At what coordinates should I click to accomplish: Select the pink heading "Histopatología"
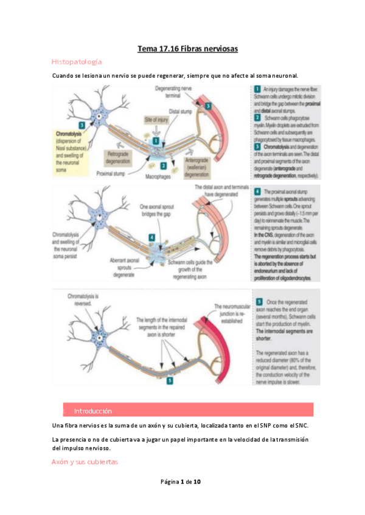click(x=77, y=62)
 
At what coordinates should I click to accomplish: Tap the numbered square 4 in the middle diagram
click(x=151, y=237)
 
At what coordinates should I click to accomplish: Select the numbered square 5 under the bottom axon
click(x=169, y=380)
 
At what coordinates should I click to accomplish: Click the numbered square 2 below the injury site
click(x=163, y=165)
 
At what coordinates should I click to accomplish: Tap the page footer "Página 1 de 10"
click(x=182, y=482)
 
